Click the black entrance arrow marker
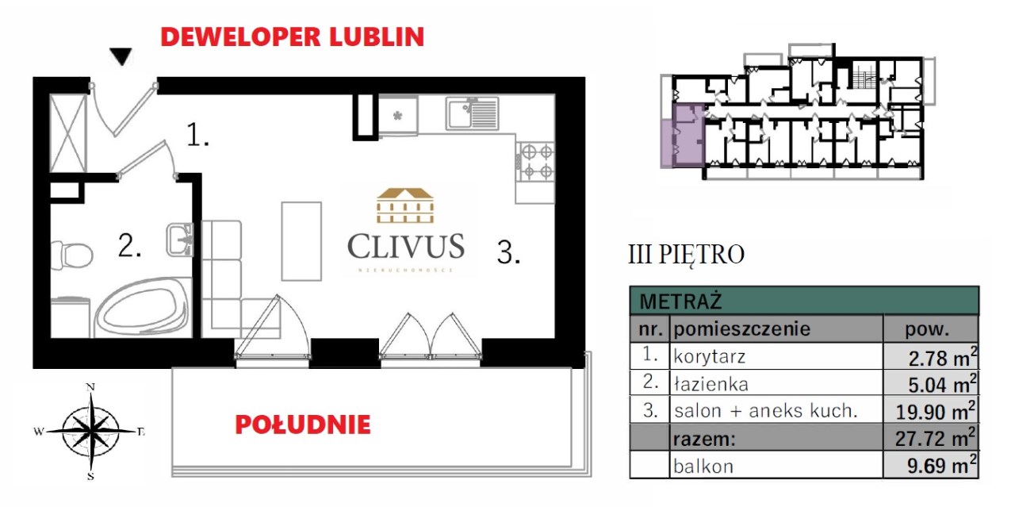coord(121,56)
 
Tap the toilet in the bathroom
coord(71,255)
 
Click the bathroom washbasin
coord(180,240)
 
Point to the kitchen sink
coord(472,113)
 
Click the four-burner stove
coord(535,162)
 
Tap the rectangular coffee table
coord(301,241)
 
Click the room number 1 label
coord(197,135)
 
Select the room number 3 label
coord(508,252)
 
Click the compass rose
coord(90,431)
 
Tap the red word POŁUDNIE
coord(303,425)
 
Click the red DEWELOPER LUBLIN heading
coord(293,36)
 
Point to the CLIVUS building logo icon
coord(405,205)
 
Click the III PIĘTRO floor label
coord(686,255)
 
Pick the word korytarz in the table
coord(709,357)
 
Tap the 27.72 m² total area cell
coord(935,438)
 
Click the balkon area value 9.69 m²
coord(941,465)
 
